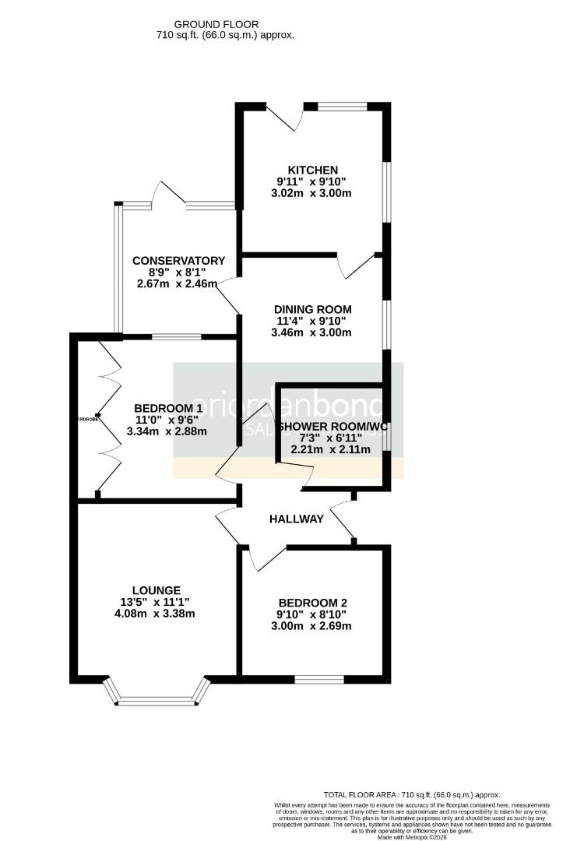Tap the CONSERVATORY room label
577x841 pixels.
tap(178, 261)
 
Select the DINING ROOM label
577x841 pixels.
tap(313, 308)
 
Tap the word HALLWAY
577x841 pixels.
tap(296, 519)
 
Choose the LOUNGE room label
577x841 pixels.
tap(156, 590)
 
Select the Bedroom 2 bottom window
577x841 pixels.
tap(318, 679)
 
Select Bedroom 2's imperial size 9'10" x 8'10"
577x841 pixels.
tap(312, 614)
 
